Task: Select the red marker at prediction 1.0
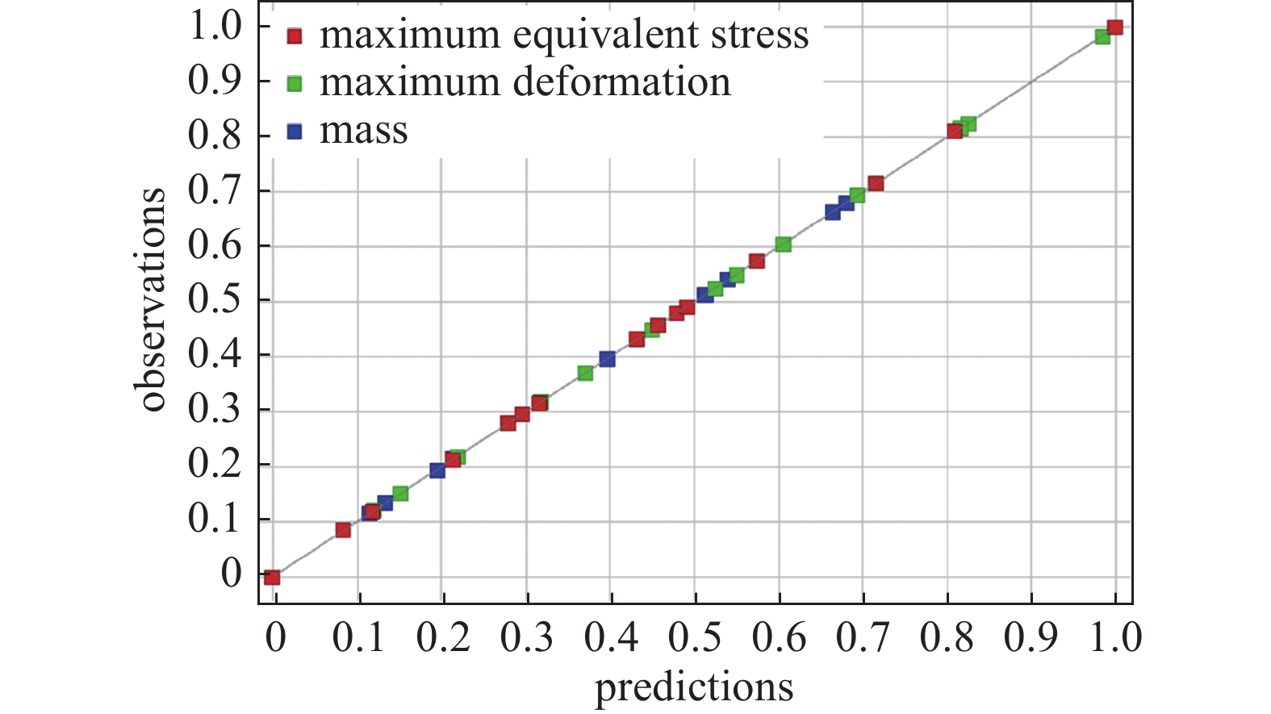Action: [1114, 27]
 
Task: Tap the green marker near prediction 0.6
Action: [783, 244]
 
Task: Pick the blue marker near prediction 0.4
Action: [607, 359]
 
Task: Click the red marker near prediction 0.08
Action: [343, 530]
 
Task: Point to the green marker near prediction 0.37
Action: [585, 373]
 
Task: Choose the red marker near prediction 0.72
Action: [876, 184]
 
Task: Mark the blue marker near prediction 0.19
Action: [437, 470]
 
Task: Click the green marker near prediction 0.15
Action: [400, 493]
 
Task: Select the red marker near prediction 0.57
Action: [756, 261]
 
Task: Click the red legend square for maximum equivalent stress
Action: [295, 36]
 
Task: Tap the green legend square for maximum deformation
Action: [295, 84]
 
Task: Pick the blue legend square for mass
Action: [295, 132]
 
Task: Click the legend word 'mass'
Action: [363, 132]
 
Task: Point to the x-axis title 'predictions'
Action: [694, 687]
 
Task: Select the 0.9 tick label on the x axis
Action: [1031, 637]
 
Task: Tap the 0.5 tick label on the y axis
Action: [215, 300]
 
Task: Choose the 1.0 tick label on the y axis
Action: [215, 27]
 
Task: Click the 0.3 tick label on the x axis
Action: [527, 637]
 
